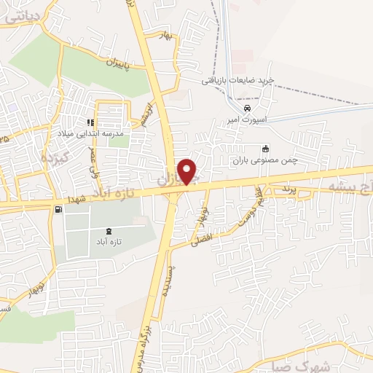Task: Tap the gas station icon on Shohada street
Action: click(57, 209)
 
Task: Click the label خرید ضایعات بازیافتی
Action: click(237, 79)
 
